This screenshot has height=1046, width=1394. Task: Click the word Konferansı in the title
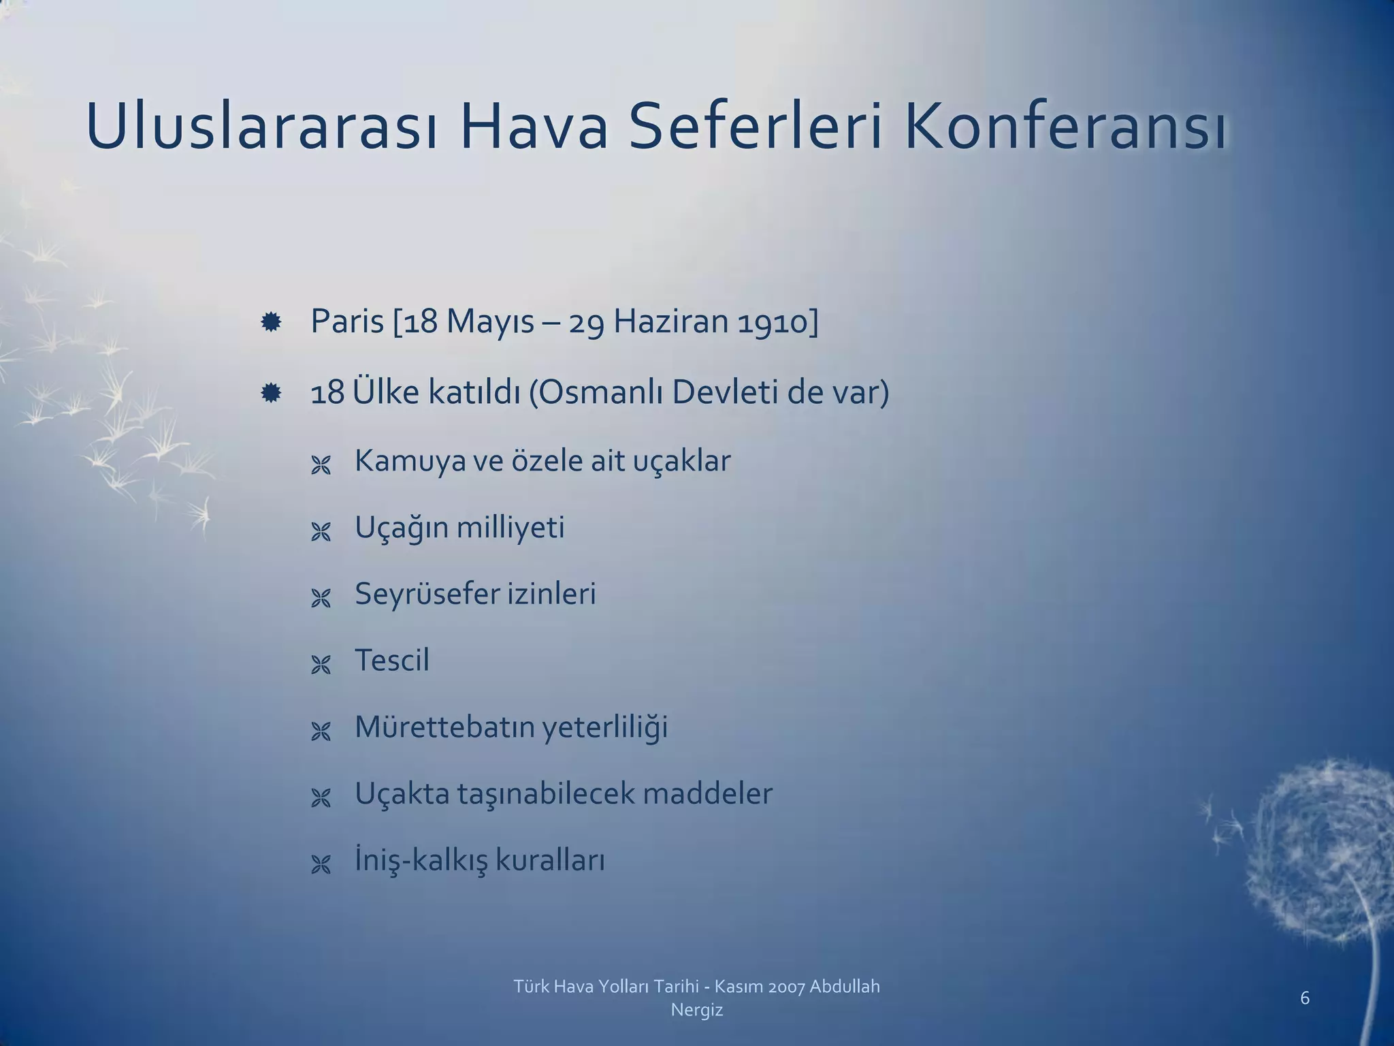click(x=1066, y=128)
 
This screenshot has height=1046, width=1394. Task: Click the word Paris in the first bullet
click(x=347, y=321)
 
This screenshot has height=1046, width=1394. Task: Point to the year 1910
click(x=777, y=321)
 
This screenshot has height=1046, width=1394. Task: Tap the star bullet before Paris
click(x=271, y=322)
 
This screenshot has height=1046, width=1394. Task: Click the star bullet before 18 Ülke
click(x=271, y=393)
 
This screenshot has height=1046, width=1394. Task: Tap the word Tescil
click(x=392, y=660)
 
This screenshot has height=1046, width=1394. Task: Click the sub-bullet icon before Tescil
click(x=321, y=665)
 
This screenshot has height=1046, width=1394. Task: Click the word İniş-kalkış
click(x=421, y=860)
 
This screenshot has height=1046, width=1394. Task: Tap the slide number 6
click(x=1304, y=998)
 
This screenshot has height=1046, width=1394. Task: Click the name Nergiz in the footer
click(x=696, y=1010)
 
